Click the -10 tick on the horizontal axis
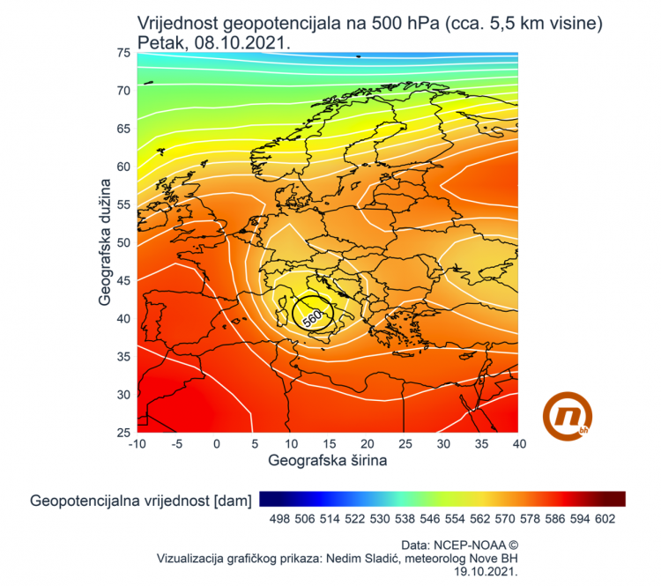(137, 444)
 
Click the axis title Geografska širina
(328, 460)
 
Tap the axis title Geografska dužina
(105, 241)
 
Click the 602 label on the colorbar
(604, 520)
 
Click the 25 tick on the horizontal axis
(404, 444)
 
